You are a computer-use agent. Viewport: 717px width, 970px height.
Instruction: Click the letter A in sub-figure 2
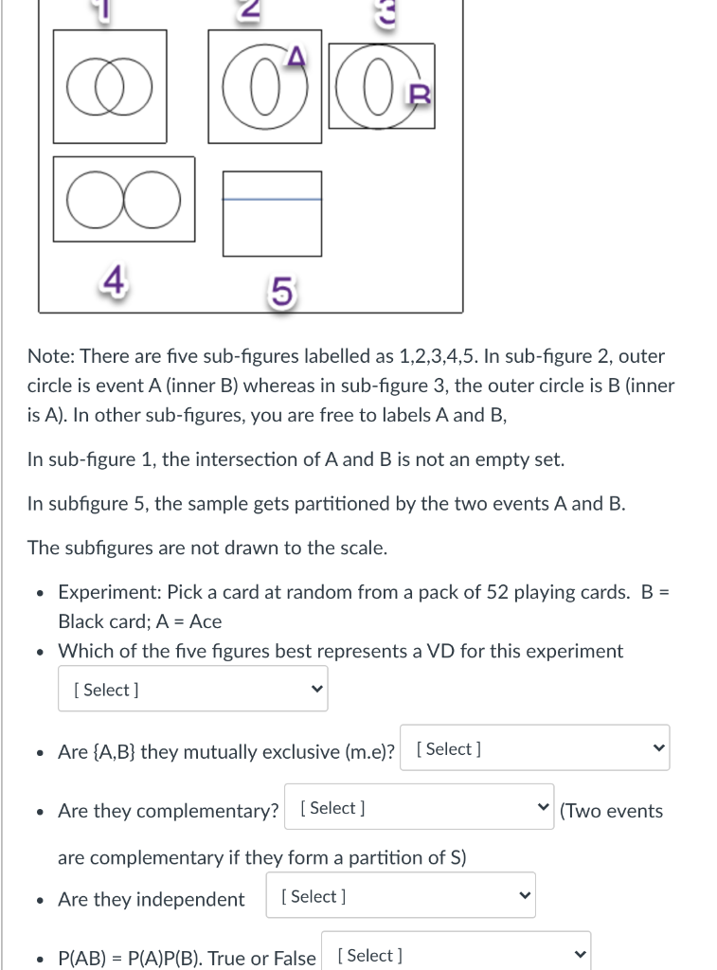[x=296, y=61]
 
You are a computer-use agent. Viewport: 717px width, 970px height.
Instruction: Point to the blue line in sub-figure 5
[x=272, y=199]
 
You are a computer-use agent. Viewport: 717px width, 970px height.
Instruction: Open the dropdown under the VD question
[x=193, y=690]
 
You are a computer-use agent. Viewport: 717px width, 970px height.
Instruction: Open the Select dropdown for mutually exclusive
[x=534, y=748]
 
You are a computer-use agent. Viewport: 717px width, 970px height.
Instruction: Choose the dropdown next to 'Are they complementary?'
[x=419, y=808]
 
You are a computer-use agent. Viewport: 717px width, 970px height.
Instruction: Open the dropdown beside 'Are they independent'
[x=402, y=896]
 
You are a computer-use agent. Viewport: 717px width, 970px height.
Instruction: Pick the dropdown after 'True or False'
[x=456, y=955]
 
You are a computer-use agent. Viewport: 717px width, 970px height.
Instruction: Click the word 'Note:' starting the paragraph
[x=51, y=356]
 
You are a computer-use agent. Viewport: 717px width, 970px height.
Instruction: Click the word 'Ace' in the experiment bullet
[x=206, y=621]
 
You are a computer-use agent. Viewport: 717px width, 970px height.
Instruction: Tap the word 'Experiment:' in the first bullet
[x=110, y=592]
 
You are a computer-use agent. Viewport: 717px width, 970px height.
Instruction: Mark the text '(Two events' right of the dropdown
[x=612, y=811]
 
